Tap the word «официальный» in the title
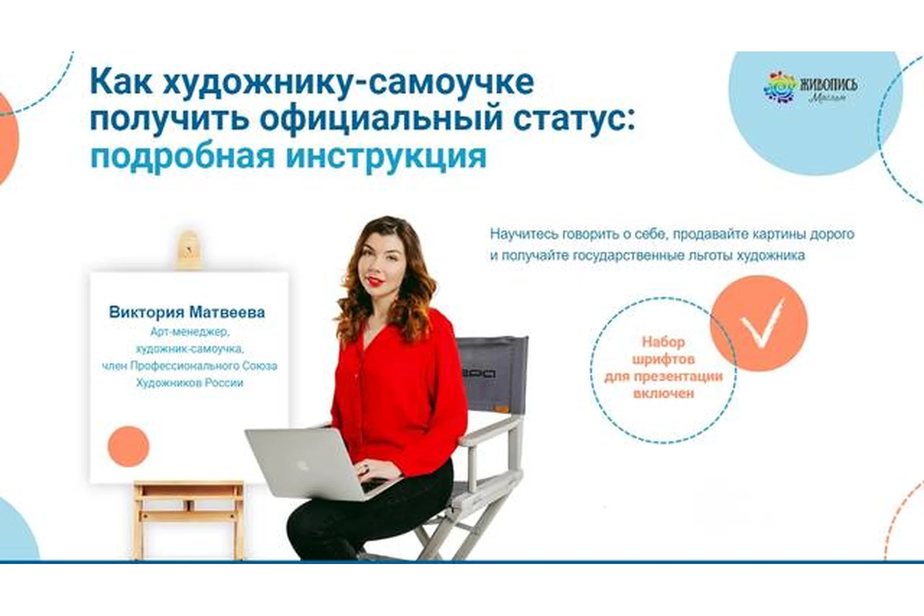click(x=381, y=119)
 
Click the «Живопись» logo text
click(x=828, y=85)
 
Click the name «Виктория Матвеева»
click(x=187, y=312)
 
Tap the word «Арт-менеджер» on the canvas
click(x=190, y=332)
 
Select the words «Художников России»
click(x=190, y=383)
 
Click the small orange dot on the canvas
click(x=128, y=446)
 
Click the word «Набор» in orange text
click(x=663, y=342)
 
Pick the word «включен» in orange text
click(x=663, y=394)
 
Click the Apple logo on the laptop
click(x=302, y=465)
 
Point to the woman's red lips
click(x=375, y=281)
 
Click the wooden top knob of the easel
click(x=189, y=248)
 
